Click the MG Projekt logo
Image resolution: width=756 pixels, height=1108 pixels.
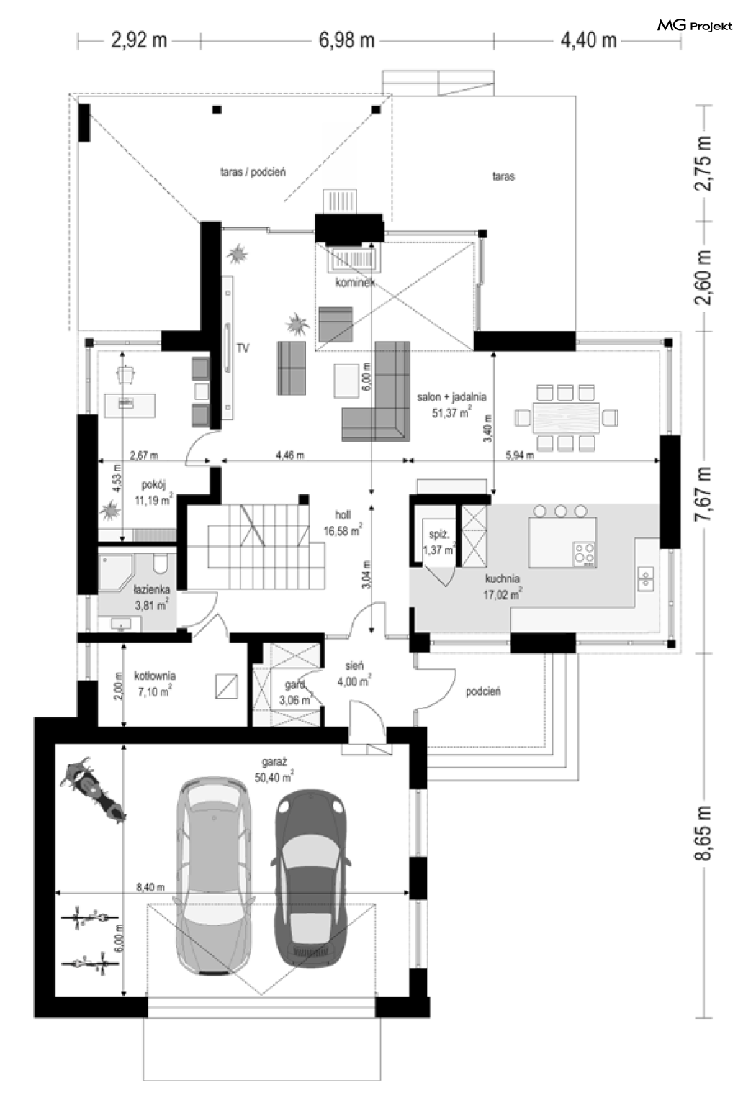[695, 26]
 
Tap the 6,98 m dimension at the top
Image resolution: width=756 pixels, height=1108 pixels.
[346, 40]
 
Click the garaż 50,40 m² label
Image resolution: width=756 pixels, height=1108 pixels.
[274, 771]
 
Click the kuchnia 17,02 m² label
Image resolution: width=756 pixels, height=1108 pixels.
[502, 586]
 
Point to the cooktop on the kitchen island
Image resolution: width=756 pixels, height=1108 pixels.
[584, 553]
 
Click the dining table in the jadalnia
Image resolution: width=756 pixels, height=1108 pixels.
[566, 418]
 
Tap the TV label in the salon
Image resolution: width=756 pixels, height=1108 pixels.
[243, 348]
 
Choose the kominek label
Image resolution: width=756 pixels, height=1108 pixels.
[355, 283]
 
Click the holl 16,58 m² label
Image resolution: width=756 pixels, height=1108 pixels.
[343, 523]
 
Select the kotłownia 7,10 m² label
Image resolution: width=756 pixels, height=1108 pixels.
[155, 684]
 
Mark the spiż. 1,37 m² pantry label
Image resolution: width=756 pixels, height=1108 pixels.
[440, 542]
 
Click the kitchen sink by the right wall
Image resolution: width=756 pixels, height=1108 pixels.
[646, 579]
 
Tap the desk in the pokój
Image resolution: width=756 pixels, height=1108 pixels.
[130, 405]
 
